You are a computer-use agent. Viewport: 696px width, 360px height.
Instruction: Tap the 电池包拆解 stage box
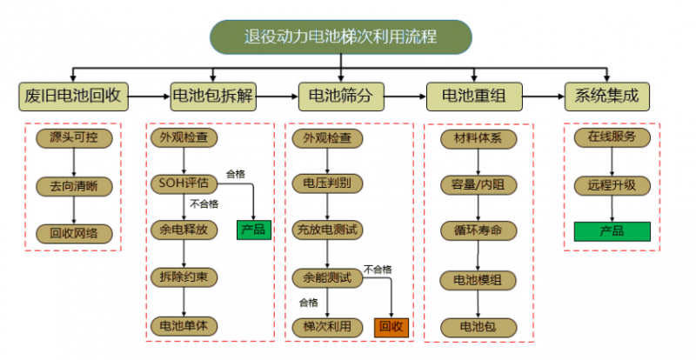coord(212,96)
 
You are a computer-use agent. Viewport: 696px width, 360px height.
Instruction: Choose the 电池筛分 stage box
coord(340,96)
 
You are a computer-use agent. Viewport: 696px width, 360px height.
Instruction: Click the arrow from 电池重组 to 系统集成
coord(540,96)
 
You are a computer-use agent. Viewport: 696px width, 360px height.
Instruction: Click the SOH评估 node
coord(184,183)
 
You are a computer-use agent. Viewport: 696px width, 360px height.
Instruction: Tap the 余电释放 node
coord(184,230)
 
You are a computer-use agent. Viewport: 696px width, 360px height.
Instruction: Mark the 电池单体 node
coord(184,325)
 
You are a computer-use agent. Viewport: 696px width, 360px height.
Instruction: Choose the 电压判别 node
coord(327,183)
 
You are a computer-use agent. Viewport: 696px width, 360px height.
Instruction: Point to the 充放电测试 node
coord(327,230)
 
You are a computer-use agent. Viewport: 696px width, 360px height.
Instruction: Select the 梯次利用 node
coord(327,326)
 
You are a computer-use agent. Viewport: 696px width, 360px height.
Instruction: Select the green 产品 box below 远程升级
coord(612,230)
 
